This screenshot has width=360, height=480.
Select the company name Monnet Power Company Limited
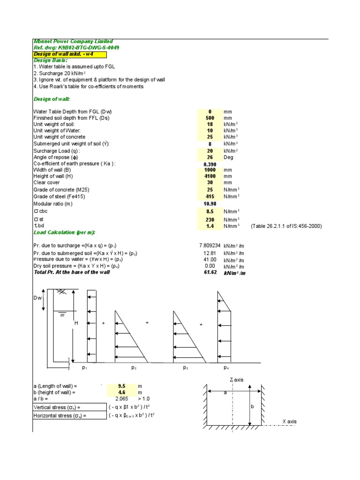tap(73, 42)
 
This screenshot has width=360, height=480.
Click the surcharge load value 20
tap(210, 151)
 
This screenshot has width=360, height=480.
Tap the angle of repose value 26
tap(210, 157)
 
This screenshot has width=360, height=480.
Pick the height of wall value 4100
tap(210, 176)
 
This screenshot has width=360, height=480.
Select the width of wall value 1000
tap(210, 170)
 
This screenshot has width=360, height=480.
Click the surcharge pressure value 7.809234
tap(210, 245)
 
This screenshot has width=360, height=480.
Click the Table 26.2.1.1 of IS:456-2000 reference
tap(286, 226)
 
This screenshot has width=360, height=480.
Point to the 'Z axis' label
tap(236, 379)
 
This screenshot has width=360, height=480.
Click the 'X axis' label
tap(290, 421)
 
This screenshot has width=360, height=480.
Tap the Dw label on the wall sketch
tap(37, 299)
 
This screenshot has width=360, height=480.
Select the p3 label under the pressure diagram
tap(186, 368)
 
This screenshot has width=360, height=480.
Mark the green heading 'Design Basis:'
tap(51, 60)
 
